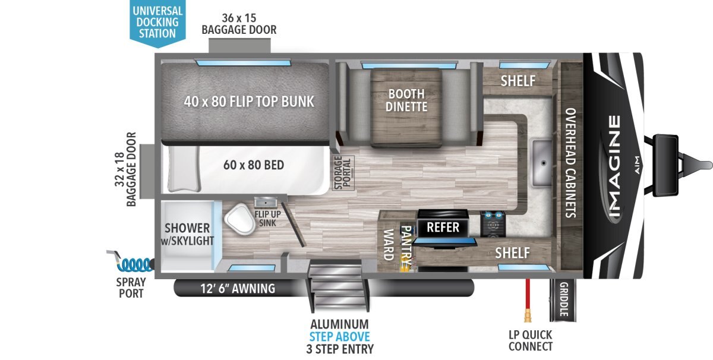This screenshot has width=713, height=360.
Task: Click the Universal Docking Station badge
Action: [157, 21]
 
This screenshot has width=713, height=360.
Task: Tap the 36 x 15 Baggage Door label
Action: [239, 24]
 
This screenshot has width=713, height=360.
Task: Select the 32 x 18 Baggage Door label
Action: [125, 169]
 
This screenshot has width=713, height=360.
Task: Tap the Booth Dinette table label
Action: [406, 100]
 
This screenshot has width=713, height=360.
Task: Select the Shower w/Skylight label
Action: [188, 234]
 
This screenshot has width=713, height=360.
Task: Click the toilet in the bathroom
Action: [239, 219]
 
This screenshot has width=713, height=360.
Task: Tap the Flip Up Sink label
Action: [266, 218]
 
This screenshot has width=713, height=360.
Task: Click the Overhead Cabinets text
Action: [570, 163]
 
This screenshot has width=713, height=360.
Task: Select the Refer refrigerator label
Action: [443, 227]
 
